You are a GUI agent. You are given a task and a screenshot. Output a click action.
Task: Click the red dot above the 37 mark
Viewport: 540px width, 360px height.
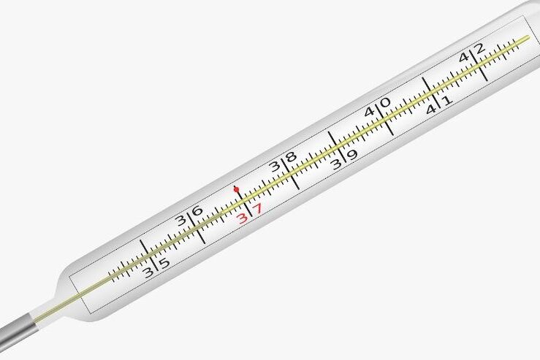pyautogui.click(x=236, y=189)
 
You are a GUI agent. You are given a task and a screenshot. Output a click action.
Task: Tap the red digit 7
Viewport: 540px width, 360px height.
pyautogui.click(x=258, y=209)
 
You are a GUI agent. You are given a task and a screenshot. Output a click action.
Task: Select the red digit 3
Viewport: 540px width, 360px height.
pyautogui.click(x=243, y=218)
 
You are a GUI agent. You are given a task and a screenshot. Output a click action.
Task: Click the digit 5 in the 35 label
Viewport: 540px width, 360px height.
pyautogui.click(x=165, y=263)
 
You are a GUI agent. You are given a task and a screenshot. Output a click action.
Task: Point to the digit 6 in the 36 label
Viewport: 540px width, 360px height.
pyautogui.click(x=197, y=210)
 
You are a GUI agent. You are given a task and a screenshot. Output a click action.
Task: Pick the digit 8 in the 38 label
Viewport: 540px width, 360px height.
pyautogui.click(x=292, y=157)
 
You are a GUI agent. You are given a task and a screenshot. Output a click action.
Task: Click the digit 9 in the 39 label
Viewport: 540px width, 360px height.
pyautogui.click(x=352, y=155)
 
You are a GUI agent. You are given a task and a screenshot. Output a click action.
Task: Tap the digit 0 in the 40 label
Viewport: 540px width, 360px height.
pyautogui.click(x=385, y=102)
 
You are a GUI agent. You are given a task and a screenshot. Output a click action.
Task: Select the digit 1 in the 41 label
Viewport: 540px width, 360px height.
pyautogui.click(x=446, y=101)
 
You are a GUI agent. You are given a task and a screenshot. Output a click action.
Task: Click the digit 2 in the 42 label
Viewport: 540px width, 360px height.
pyautogui.click(x=479, y=48)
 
